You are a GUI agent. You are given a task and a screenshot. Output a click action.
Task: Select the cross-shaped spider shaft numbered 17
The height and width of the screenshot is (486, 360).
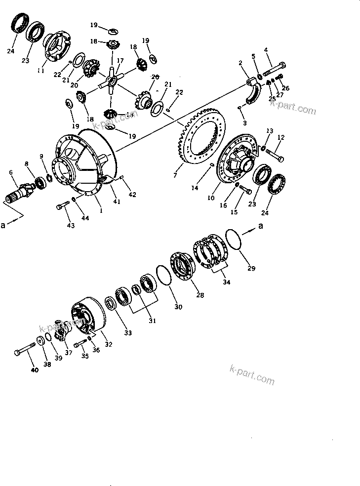113,79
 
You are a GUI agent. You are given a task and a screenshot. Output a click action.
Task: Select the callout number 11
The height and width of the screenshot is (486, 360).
40,71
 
